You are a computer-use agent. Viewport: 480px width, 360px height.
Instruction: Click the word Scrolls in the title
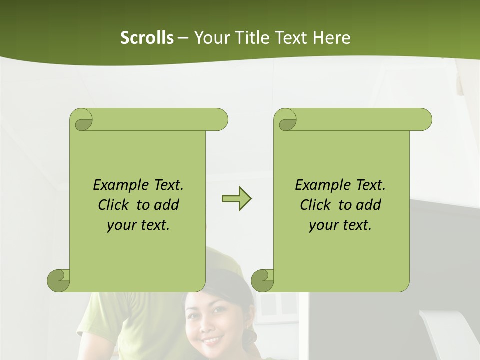(x=147, y=38)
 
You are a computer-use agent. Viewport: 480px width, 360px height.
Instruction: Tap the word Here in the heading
(x=331, y=38)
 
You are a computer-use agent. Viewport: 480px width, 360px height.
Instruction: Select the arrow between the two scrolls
(x=236, y=199)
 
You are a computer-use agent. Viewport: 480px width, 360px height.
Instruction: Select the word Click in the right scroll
(x=315, y=205)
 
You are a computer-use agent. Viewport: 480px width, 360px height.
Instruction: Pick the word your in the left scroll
(x=120, y=225)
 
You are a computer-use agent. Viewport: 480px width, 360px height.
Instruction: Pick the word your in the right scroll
(x=322, y=225)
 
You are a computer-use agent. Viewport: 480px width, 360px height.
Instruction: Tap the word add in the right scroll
(x=368, y=205)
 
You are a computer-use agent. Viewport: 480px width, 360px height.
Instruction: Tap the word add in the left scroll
(x=166, y=205)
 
